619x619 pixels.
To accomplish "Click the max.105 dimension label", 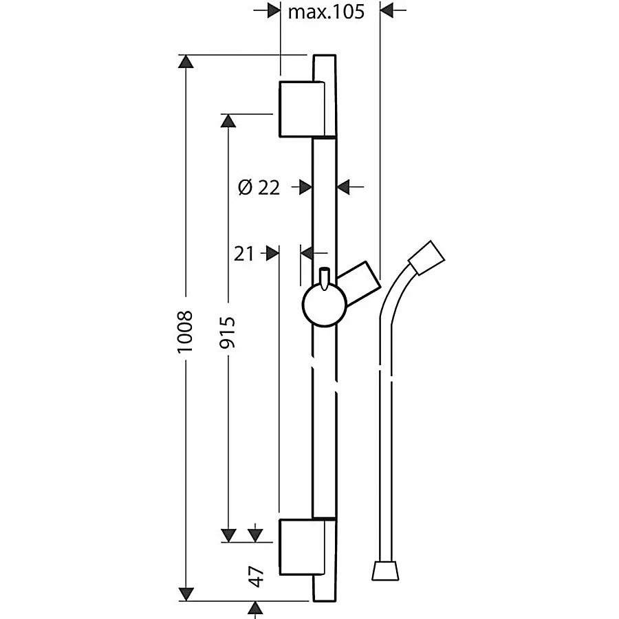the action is coord(326,12).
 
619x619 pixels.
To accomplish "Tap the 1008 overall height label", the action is coord(185,332).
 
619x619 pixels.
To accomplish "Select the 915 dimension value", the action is coord(227,332).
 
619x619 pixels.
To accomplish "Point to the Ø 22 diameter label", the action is coord(259,187).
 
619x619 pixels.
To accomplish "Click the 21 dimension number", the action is coord(244,253).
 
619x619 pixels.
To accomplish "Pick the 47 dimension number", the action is coord(257,576).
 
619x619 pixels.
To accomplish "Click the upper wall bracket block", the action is coord(302,109).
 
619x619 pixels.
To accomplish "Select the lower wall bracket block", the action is coord(302,547).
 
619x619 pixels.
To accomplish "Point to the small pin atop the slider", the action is coord(325,279).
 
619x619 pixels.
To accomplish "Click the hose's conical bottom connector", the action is coord(385,570).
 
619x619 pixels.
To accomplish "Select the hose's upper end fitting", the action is coord(426,257).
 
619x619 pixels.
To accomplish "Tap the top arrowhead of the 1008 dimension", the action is coord(186,62).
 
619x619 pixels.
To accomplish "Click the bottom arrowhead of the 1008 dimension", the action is coord(186,594).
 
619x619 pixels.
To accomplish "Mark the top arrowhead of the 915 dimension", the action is coord(228,121).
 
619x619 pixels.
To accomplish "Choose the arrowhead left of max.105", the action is coord(274,10).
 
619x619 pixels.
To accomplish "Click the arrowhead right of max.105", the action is coord(387,10).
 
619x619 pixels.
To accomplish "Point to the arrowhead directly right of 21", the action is coord(273,253).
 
